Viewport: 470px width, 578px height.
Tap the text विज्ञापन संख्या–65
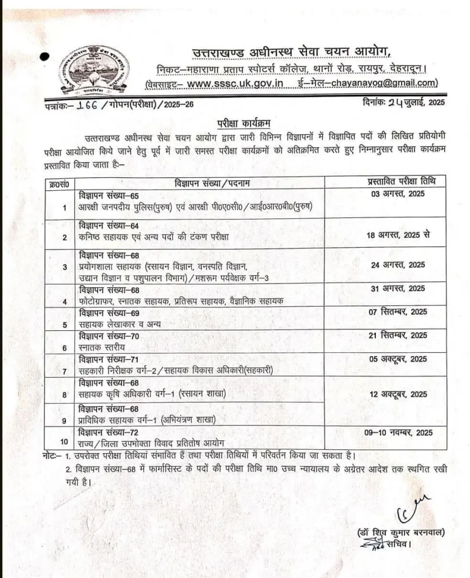109,195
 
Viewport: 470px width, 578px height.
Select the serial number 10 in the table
64,442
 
